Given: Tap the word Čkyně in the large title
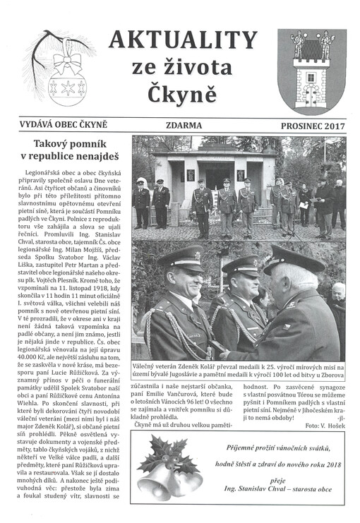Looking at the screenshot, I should (x=181, y=94).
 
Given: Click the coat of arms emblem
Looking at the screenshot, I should (x=311, y=71).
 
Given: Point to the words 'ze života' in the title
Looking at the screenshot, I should (x=181, y=68).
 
